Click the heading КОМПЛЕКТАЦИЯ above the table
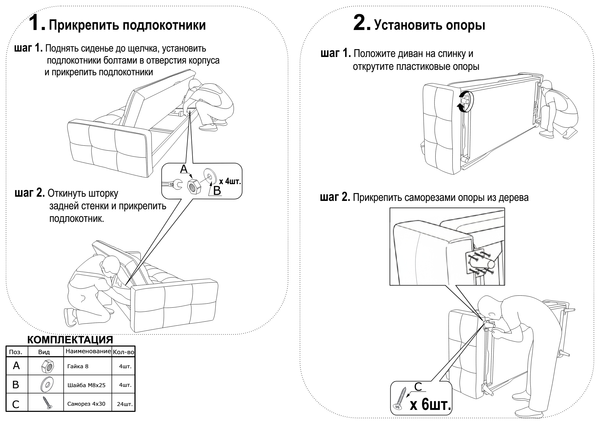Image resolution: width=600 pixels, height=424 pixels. pos(70,340)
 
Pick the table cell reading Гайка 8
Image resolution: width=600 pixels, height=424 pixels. pos(78,366)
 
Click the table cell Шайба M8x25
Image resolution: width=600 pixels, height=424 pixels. pos(87,385)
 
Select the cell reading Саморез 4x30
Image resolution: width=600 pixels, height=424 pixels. pos(86,404)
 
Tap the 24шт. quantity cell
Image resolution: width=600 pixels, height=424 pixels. pos(124,404)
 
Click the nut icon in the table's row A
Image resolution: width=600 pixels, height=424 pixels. pos(46,366)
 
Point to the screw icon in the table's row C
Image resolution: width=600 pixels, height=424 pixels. pos(47,403)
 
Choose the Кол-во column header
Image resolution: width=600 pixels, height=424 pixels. pos(123,352)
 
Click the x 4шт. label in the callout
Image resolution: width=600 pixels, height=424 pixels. pos(230,181)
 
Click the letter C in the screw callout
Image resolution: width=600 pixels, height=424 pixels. pos(418,387)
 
